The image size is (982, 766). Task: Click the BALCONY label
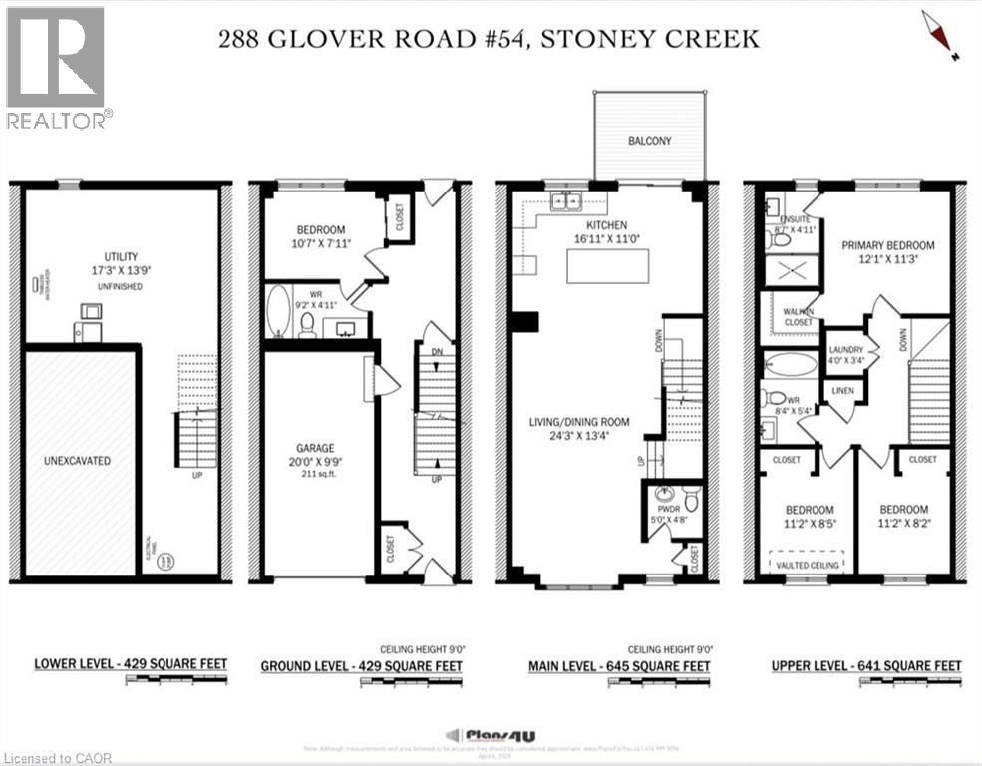[x=649, y=141]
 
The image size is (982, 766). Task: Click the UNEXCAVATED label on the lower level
[x=77, y=461]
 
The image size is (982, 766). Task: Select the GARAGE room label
[x=314, y=448]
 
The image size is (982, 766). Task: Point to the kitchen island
[x=607, y=268]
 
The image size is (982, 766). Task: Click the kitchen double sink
[x=567, y=201]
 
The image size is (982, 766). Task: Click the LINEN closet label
[x=842, y=390]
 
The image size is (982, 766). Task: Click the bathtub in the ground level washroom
[x=279, y=310]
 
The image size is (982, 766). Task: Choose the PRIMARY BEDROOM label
[x=888, y=245]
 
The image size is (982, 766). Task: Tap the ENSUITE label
[x=794, y=217]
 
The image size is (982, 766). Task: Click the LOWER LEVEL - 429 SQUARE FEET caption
[x=131, y=663]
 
